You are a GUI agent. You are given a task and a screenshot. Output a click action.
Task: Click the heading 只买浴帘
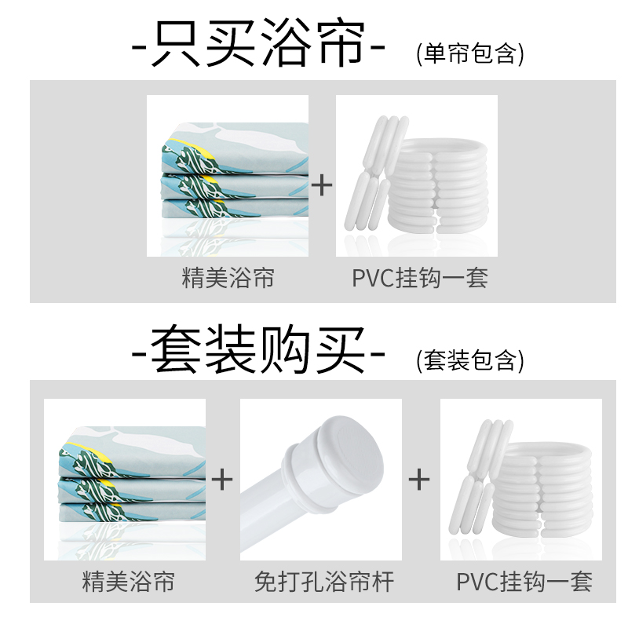[260, 43]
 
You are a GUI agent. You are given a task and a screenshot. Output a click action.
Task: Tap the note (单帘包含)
[469, 53]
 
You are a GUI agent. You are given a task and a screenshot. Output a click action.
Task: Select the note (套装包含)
[469, 360]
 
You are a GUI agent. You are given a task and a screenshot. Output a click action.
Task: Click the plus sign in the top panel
[322, 185]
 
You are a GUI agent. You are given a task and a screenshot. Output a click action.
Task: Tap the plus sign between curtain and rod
[223, 479]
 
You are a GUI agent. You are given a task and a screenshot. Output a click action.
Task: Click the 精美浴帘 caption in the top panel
[228, 278]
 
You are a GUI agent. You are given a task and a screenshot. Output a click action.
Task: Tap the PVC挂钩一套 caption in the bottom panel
[524, 582]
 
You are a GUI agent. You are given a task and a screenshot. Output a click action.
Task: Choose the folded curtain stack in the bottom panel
[125, 479]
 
